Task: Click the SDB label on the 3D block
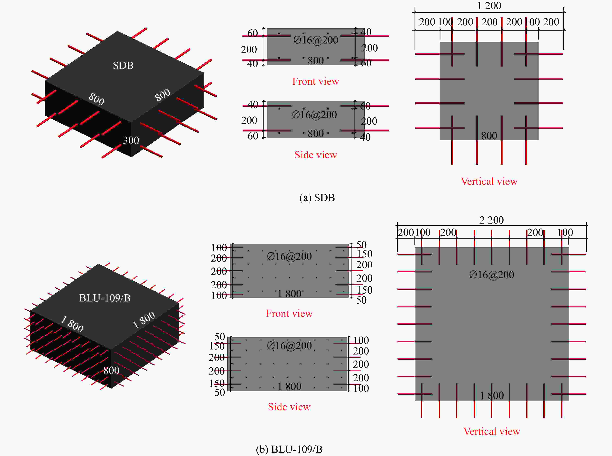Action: [123, 65]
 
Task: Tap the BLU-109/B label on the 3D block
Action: [105, 298]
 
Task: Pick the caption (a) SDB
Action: [317, 198]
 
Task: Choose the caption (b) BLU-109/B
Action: [289, 449]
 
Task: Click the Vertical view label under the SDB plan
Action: [489, 181]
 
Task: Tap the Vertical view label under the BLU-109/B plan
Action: [492, 431]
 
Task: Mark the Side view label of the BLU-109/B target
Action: [289, 407]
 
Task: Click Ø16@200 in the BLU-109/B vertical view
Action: [492, 275]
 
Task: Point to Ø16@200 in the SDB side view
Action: [314, 115]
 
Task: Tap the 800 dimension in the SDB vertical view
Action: [489, 136]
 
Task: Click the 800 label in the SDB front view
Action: [316, 61]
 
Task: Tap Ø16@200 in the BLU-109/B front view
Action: [289, 256]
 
